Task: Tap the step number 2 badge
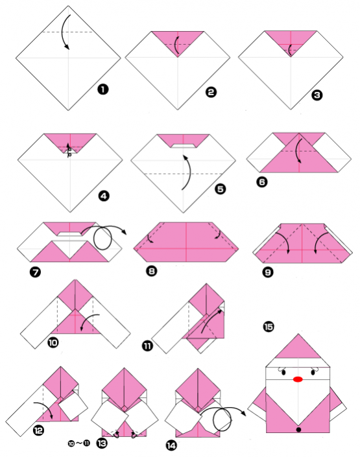(x=211, y=92)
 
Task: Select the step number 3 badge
(x=317, y=95)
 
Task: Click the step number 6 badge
(x=261, y=182)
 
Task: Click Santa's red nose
(x=298, y=379)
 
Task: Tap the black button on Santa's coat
(x=298, y=429)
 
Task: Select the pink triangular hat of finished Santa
(x=298, y=350)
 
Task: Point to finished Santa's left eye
(x=283, y=372)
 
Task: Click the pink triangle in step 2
(x=177, y=40)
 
